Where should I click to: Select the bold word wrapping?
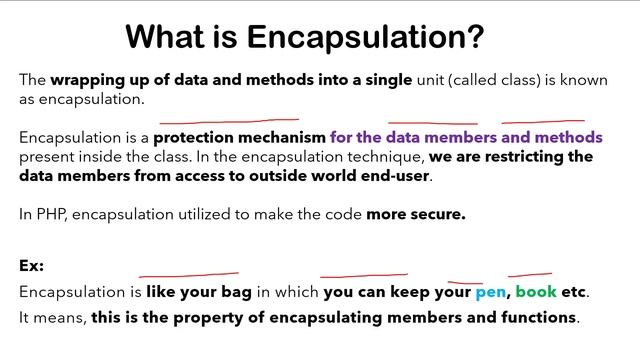point(91,80)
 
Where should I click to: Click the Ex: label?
point(31,266)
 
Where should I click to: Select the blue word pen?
point(490,293)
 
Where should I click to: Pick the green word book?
point(535,293)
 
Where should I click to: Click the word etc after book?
point(574,293)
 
